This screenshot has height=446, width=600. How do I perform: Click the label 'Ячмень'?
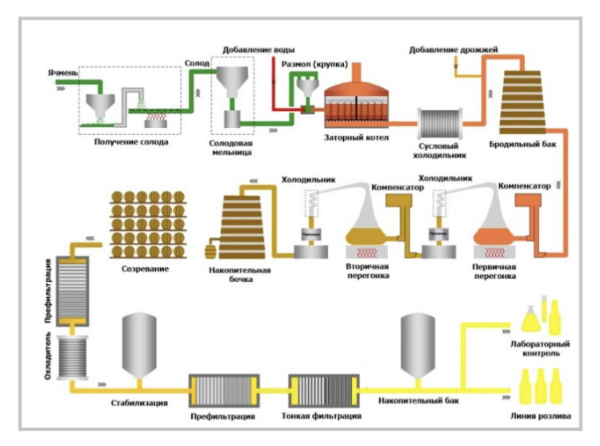pyautogui.click(x=63, y=74)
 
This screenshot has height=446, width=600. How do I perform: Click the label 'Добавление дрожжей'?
pyautogui.click(x=453, y=50)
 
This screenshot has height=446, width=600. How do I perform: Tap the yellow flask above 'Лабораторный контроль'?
pyautogui.click(x=534, y=318)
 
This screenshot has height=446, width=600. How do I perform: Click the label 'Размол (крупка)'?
pyautogui.click(x=313, y=64)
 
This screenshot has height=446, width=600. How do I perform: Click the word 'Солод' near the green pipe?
pyautogui.click(x=197, y=62)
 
